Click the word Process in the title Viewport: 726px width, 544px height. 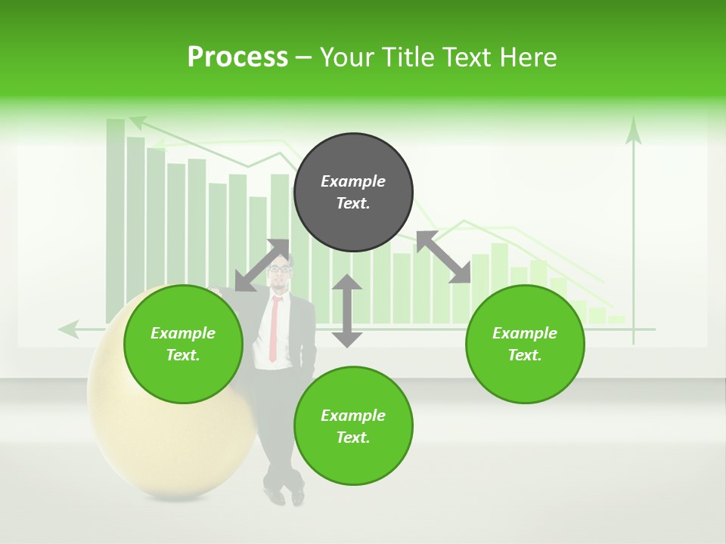237,57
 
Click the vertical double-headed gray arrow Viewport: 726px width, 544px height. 347,311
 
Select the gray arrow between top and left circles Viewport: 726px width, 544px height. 262,265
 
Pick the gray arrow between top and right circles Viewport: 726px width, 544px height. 443,257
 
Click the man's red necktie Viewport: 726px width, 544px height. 275,329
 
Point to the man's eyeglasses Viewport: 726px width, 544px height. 280,268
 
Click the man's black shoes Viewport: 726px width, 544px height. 286,495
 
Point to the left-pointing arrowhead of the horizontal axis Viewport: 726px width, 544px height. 69,329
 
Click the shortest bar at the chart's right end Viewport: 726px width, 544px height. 616,320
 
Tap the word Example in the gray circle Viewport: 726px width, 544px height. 353,181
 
